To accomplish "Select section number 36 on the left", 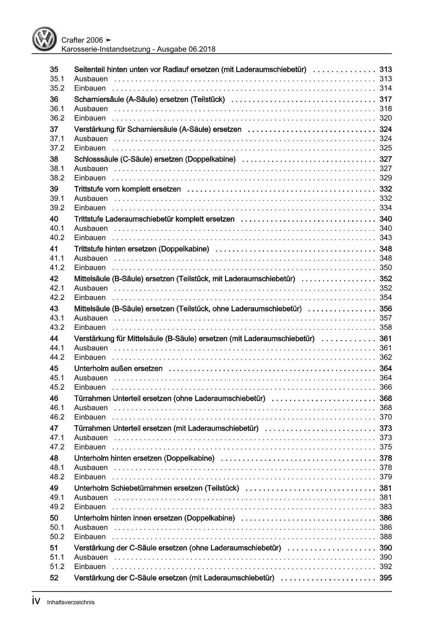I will [54, 99].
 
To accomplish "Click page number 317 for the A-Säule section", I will [385, 99].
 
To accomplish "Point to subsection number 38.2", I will [57, 178].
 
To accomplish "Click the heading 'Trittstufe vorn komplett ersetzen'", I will [127, 189].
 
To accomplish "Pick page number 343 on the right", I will [386, 238].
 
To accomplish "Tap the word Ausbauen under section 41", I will [91, 258].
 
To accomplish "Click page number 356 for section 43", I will [385, 309].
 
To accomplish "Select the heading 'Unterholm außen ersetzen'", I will [118, 369].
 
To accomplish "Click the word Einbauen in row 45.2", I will [90, 387].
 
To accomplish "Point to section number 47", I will [54, 428].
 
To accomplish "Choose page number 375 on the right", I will [386, 447].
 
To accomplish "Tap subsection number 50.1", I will [57, 527].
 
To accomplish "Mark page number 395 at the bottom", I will [385, 578].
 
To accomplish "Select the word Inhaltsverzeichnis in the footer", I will [71, 602].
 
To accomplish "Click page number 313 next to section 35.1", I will [386, 79].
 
